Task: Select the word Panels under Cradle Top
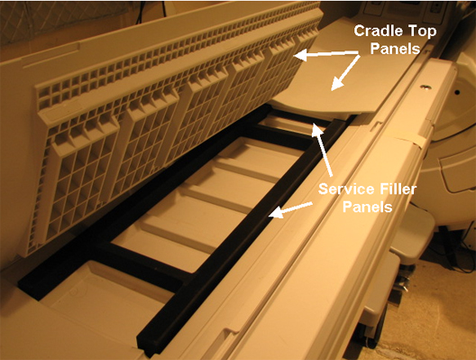(395, 49)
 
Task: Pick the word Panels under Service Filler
(367, 208)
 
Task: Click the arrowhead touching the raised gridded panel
(300, 56)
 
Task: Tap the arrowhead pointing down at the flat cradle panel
(336, 85)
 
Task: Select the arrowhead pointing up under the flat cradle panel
(316, 129)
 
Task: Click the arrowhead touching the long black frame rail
(275, 213)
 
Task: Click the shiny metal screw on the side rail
(425, 88)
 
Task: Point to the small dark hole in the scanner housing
(457, 92)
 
